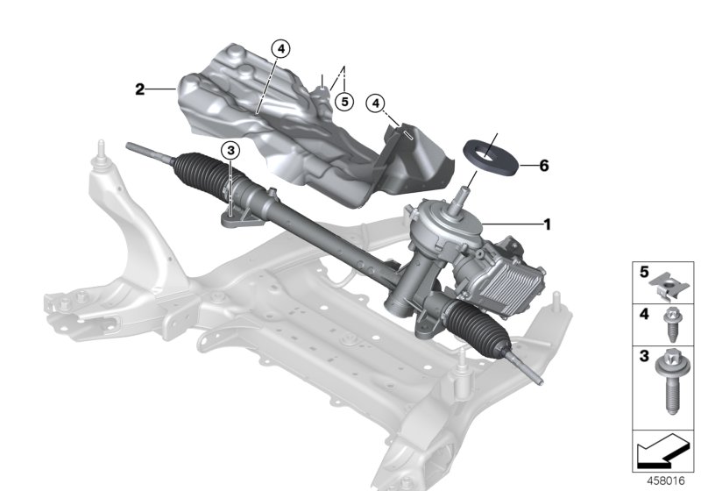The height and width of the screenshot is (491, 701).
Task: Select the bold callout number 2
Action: (139, 89)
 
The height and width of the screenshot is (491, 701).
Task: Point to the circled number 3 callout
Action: (230, 152)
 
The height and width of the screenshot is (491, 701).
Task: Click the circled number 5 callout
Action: (344, 103)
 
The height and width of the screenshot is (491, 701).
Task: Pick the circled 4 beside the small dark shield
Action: (375, 103)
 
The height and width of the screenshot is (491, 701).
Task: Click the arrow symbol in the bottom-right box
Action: (660, 452)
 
